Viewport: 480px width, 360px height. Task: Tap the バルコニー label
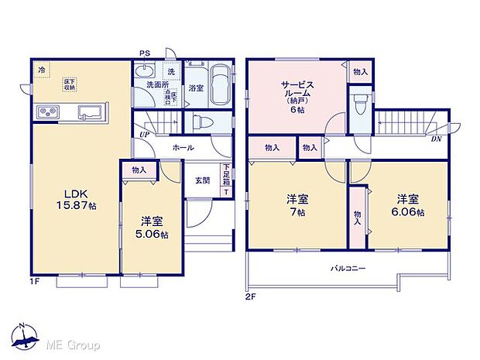coord(348,269)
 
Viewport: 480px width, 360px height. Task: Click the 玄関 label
coord(202,180)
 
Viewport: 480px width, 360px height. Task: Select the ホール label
coord(183,147)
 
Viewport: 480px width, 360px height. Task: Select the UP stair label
coord(144,136)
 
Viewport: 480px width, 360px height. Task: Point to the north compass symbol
coord(27,335)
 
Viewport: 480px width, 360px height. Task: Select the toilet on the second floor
coord(358,105)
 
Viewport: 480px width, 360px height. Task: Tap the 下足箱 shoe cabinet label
coord(226,180)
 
